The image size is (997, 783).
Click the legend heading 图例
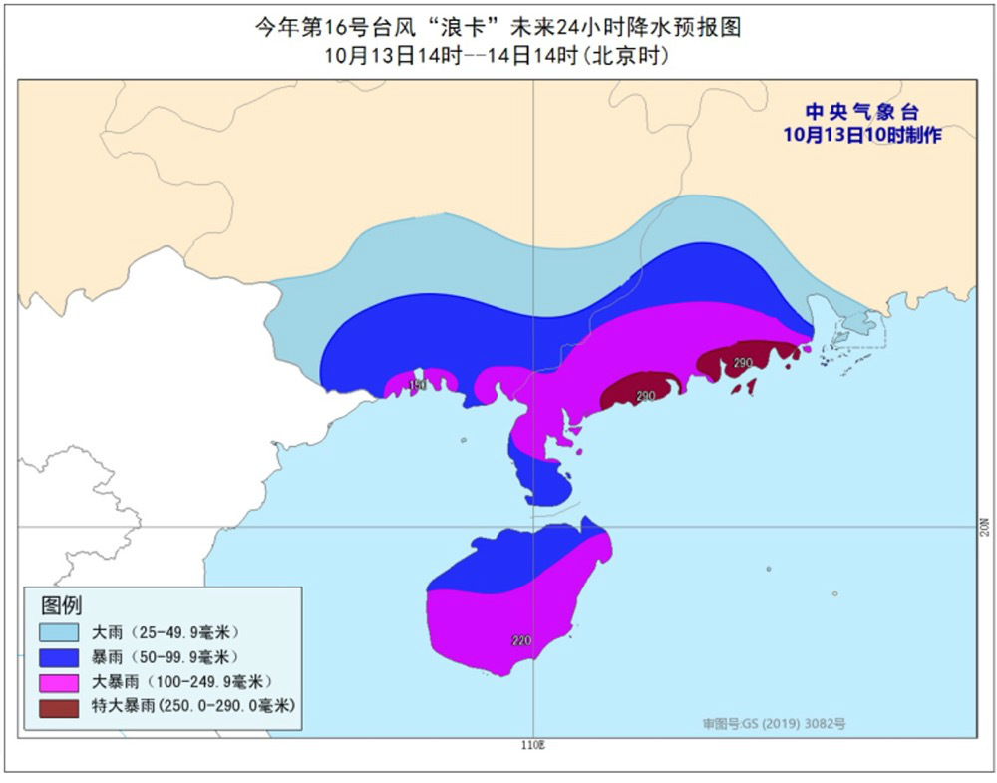pos(62,605)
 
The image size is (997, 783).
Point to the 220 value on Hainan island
pos(521,641)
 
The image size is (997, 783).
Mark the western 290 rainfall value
pos(645,396)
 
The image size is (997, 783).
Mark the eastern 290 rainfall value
pos(742,363)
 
